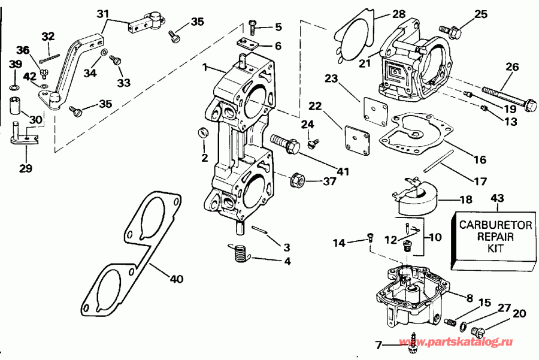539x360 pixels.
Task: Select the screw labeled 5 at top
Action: pyautogui.click(x=252, y=25)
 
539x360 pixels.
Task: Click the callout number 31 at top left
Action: pyautogui.click(x=103, y=14)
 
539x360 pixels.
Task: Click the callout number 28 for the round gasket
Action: pyautogui.click(x=399, y=14)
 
